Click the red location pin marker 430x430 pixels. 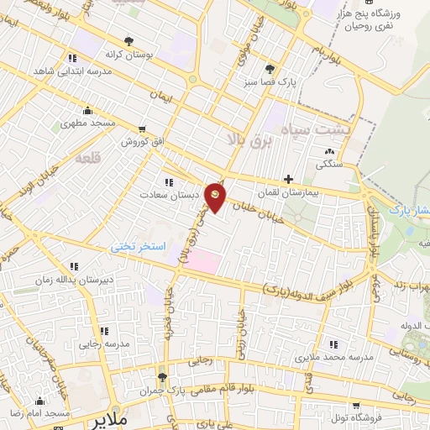216,197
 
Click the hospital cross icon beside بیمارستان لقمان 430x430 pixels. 289,179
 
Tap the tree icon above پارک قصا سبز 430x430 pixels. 269,69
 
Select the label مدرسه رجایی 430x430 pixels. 104,343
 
